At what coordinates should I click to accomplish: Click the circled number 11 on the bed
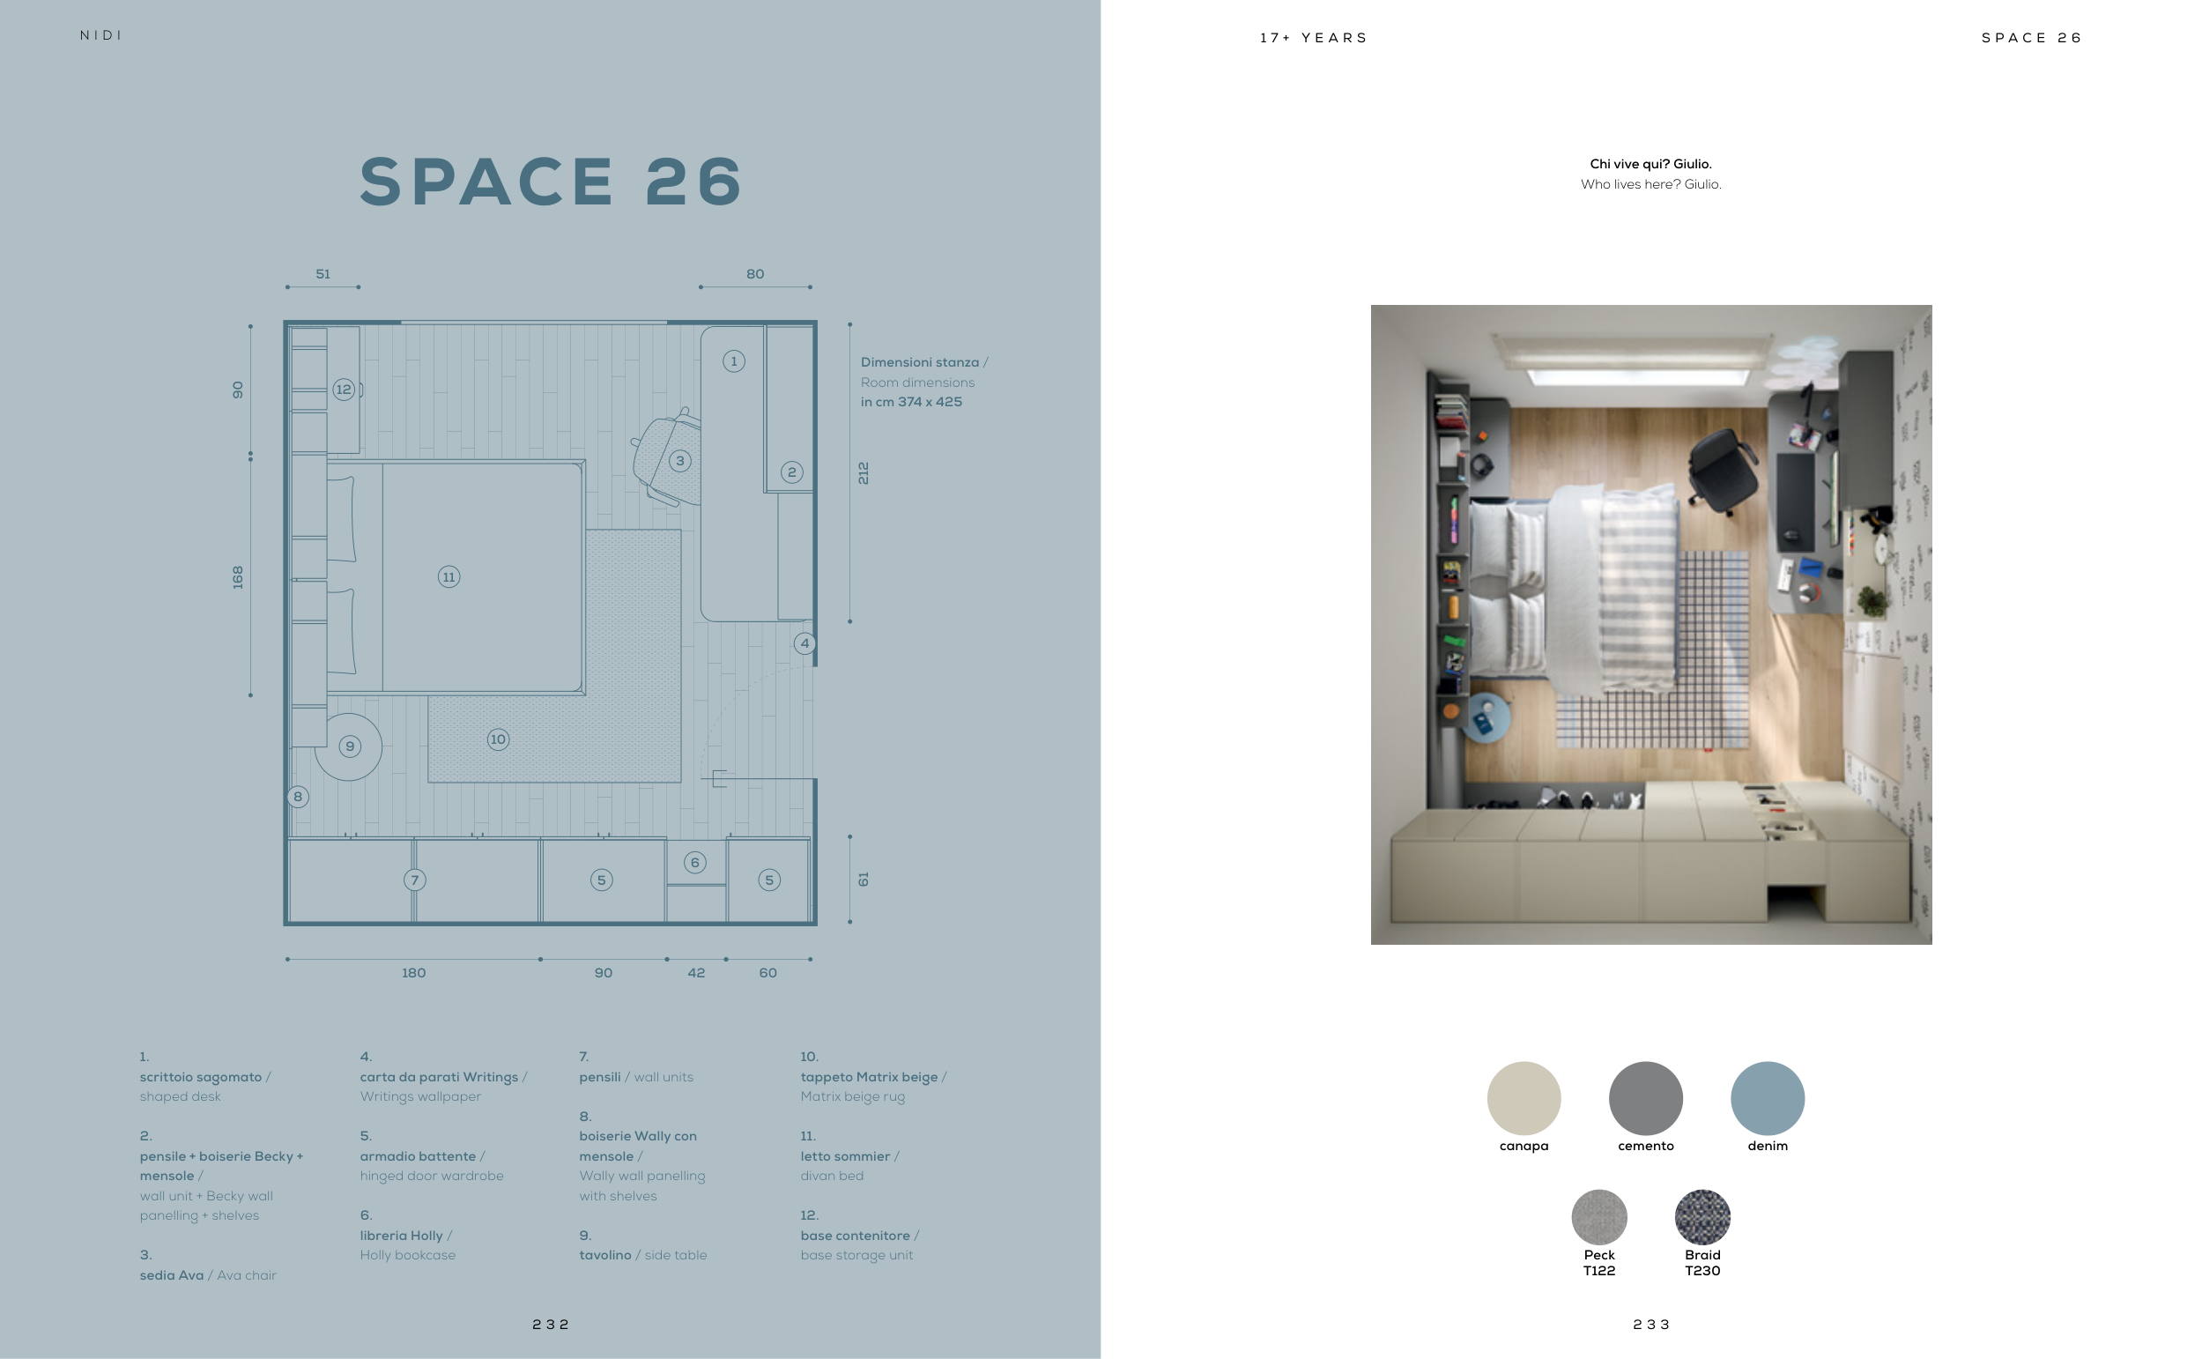(449, 577)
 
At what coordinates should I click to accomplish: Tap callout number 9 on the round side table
(350, 746)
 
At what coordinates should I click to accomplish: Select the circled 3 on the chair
(680, 461)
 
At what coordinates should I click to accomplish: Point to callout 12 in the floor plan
(343, 390)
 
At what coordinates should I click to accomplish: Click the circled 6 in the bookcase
(694, 863)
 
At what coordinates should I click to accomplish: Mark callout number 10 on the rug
(498, 739)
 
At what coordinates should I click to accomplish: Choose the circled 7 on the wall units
(414, 880)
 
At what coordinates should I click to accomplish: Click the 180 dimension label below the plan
(413, 972)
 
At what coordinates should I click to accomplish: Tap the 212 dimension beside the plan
(864, 472)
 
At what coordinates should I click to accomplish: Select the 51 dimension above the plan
(323, 274)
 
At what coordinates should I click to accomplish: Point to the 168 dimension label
(237, 577)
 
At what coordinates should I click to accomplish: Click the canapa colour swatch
(1524, 1098)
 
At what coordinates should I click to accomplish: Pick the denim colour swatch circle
(1768, 1098)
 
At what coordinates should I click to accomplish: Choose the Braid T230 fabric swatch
(1702, 1217)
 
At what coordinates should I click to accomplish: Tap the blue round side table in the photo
(1486, 717)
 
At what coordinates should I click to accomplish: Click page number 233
(1651, 1324)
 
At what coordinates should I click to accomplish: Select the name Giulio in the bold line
(1693, 164)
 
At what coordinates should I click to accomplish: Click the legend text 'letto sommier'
(844, 1156)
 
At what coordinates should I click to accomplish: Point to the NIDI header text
(100, 35)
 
